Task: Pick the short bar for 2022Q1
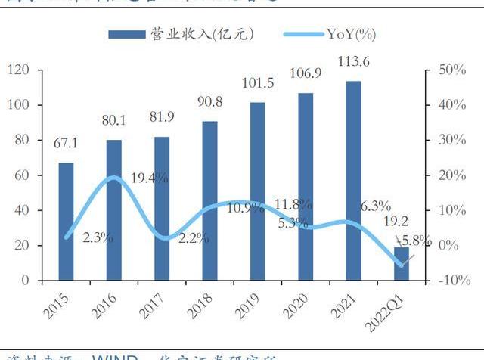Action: tap(402, 263)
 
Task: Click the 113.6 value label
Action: tap(353, 64)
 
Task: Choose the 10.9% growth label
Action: tap(245, 207)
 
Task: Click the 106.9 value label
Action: tap(306, 74)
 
